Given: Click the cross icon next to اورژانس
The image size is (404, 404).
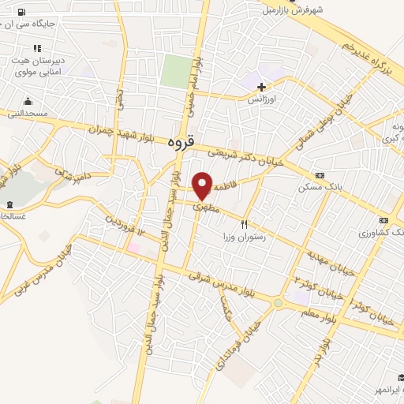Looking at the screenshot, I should [261, 88].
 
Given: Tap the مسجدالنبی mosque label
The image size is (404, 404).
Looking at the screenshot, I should [28, 113].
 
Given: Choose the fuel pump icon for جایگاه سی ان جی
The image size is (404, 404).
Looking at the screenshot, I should [20, 12].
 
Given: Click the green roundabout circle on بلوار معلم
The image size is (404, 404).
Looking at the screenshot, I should [278, 302].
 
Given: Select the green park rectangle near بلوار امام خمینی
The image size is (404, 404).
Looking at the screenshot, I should [176, 71].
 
